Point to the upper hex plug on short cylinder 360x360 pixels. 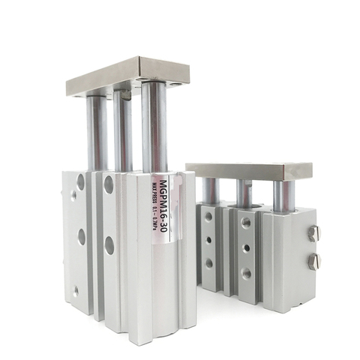(x=314, y=233)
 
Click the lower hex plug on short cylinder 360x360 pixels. (x=314, y=262)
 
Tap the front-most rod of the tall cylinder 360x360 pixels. (x=154, y=127)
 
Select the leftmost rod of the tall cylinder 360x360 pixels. (x=96, y=131)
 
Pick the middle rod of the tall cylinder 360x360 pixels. (x=122, y=131)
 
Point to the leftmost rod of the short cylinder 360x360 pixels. (x=211, y=192)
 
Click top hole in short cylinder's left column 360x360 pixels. (x=208, y=217)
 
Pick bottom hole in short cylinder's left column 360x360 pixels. (x=208, y=263)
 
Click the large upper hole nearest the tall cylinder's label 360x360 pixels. (x=109, y=184)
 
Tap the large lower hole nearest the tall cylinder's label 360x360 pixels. (x=109, y=244)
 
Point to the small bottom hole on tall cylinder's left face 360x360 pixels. (x=75, y=291)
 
